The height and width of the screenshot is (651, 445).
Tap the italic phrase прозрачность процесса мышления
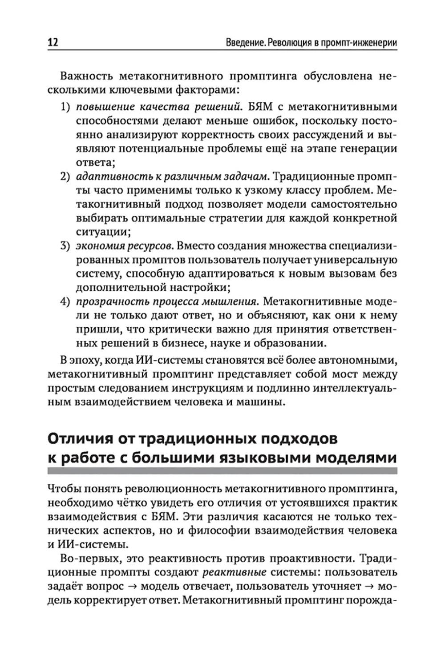(166, 301)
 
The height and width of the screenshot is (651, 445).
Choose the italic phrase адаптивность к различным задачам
(172, 177)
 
